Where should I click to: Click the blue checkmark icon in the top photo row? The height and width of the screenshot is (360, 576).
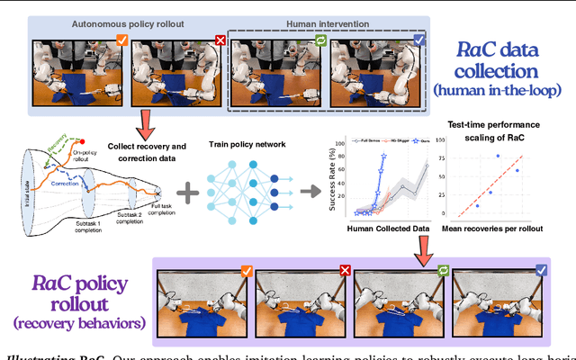(417, 40)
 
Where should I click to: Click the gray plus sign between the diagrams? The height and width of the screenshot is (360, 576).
(188, 191)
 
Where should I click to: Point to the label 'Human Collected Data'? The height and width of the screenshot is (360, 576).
(389, 228)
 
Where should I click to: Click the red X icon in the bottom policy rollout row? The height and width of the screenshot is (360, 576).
(342, 269)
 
